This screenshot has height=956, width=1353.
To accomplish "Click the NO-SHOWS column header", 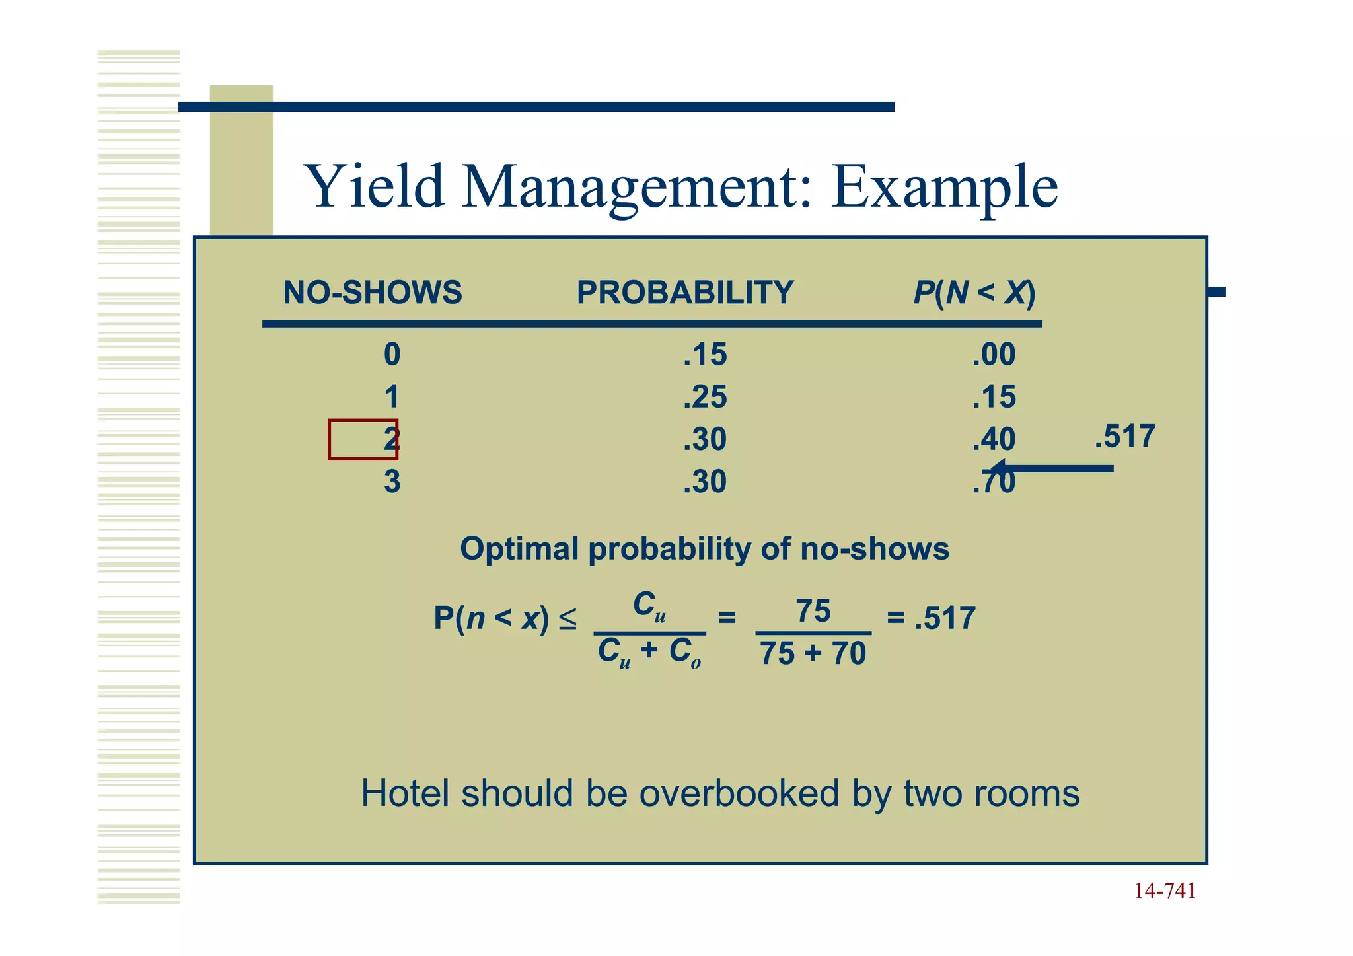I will click(372, 293).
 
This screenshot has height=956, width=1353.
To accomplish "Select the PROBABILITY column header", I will click(684, 293).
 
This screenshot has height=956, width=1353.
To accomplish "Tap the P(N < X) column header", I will click(974, 293).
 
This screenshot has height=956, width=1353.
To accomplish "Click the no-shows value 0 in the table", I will click(392, 355).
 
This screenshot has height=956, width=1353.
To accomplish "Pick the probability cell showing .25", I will click(705, 397).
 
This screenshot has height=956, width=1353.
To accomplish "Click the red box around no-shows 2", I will click(363, 439).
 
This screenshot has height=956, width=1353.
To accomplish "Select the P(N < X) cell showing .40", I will click(994, 439).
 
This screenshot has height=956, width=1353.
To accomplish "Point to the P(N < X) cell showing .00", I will click(994, 355).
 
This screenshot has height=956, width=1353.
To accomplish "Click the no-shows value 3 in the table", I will click(392, 482).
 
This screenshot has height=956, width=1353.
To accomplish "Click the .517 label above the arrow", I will click(1124, 437).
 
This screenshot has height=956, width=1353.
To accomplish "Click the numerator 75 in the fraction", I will click(813, 611).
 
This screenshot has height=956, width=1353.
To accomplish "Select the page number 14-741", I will click(1165, 891).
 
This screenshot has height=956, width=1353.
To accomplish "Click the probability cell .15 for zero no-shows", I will click(705, 355).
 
